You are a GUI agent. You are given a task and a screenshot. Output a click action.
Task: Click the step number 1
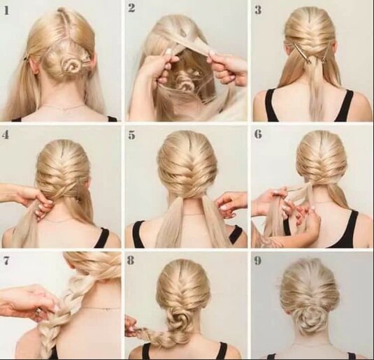point(6,10)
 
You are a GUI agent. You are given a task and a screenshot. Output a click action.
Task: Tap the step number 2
point(131,8)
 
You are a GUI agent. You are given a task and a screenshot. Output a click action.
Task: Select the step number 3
point(258,10)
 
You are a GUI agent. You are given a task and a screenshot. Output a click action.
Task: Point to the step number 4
point(6,135)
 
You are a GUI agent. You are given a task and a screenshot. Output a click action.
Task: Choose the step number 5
point(131,135)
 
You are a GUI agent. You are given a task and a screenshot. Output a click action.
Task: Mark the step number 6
point(258,134)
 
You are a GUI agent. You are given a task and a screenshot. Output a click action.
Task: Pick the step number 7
point(6,261)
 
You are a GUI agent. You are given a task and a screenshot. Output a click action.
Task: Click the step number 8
point(131,261)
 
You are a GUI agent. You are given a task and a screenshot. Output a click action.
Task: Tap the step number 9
point(258,261)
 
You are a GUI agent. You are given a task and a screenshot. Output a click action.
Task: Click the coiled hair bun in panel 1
point(70,66)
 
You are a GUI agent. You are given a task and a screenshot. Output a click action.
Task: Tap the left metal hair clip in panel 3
point(301,52)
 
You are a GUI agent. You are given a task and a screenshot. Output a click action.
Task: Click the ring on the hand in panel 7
point(38,312)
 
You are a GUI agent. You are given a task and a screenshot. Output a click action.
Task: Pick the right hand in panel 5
point(230,204)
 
